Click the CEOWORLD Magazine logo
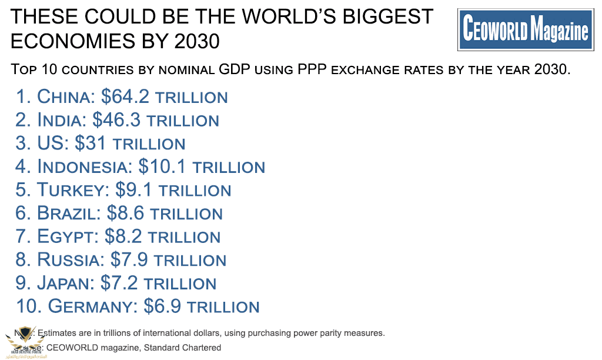tap(526, 29)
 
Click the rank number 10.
tap(28, 306)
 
